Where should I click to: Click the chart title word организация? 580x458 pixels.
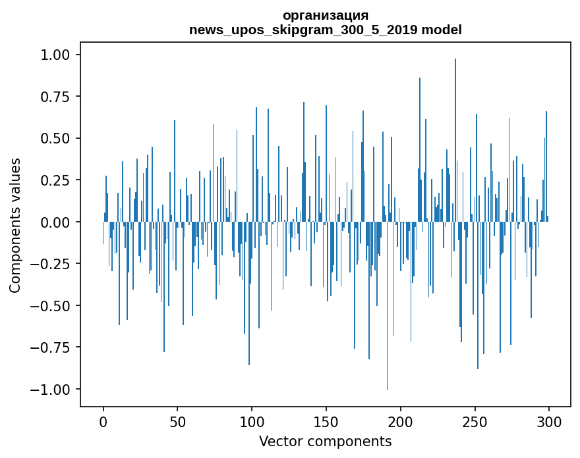click(325, 15)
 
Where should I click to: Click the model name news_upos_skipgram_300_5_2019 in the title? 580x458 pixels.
click(325, 30)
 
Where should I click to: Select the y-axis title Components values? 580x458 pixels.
click(14, 225)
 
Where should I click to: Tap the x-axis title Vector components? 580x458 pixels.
click(325, 441)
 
